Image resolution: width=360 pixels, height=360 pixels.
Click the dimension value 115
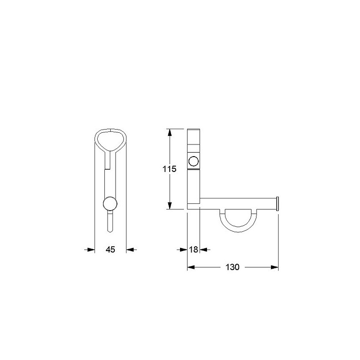click(170, 169)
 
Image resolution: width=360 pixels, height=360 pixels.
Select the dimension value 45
click(110, 249)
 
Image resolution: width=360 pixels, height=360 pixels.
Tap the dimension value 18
click(193, 249)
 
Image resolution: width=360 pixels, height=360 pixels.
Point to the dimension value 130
click(232, 267)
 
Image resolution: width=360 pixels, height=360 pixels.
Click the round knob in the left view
click(110, 204)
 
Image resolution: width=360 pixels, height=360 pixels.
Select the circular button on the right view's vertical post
click(193, 161)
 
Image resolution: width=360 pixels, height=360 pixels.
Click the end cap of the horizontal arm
click(277, 204)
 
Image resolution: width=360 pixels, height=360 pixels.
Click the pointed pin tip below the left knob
click(110, 231)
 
